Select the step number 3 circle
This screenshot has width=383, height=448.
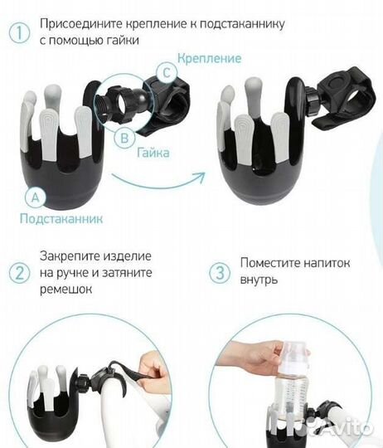(x=221, y=273)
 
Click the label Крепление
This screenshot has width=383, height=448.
(x=211, y=58)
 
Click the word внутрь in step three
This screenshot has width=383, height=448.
(x=259, y=280)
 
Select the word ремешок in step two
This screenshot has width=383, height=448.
(x=65, y=290)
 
